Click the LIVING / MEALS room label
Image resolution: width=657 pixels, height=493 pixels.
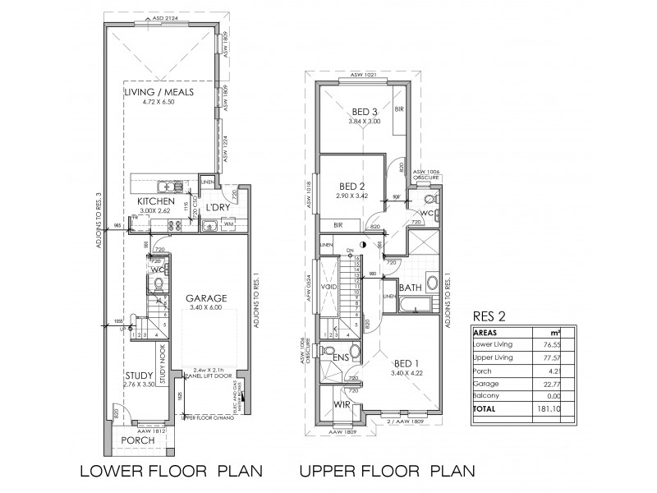tap(159, 93)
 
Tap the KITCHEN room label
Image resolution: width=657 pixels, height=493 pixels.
tap(156, 200)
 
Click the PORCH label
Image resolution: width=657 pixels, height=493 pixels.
tap(137, 440)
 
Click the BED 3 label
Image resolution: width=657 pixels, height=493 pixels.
tap(365, 112)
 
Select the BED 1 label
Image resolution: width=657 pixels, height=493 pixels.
tap(408, 363)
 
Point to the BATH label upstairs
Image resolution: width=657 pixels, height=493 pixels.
tap(411, 288)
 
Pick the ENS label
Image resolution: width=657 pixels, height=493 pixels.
tap(339, 358)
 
